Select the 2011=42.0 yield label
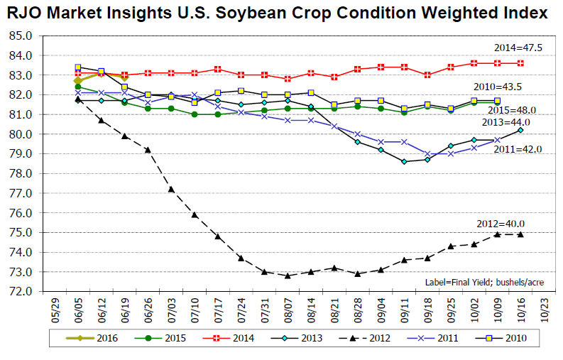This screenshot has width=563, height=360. tap(518, 149)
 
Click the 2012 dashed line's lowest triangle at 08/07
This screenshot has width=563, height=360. tap(288, 276)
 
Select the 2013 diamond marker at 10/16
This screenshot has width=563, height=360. tap(520, 130)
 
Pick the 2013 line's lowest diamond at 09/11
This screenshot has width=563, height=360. tap(404, 161)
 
